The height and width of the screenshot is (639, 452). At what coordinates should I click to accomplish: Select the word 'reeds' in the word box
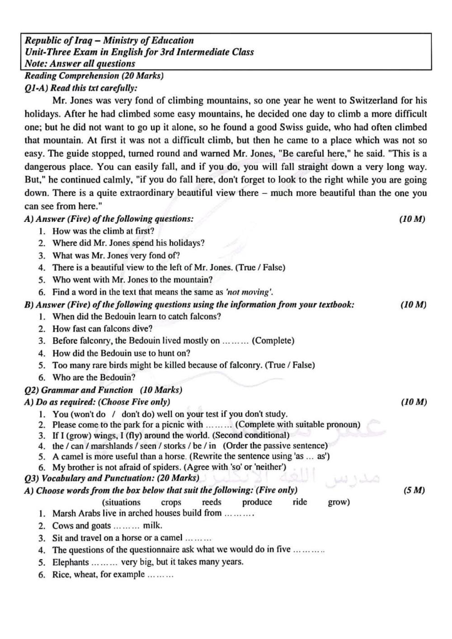[x=212, y=502]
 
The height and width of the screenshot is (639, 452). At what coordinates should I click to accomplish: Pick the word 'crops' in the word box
[x=171, y=502]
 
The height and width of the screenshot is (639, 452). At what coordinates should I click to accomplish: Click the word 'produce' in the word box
[x=257, y=502]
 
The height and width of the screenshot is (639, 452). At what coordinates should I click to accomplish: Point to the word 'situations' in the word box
[x=122, y=502]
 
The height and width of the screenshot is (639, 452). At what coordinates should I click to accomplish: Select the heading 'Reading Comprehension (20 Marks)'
[x=94, y=75]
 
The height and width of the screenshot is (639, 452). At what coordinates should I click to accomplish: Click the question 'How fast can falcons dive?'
[x=103, y=329]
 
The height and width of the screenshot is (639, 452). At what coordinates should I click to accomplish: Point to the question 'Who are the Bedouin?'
[x=94, y=377]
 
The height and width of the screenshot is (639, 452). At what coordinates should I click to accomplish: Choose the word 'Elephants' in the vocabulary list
[x=71, y=562]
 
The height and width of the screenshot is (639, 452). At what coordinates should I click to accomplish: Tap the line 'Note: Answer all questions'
[x=80, y=64]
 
